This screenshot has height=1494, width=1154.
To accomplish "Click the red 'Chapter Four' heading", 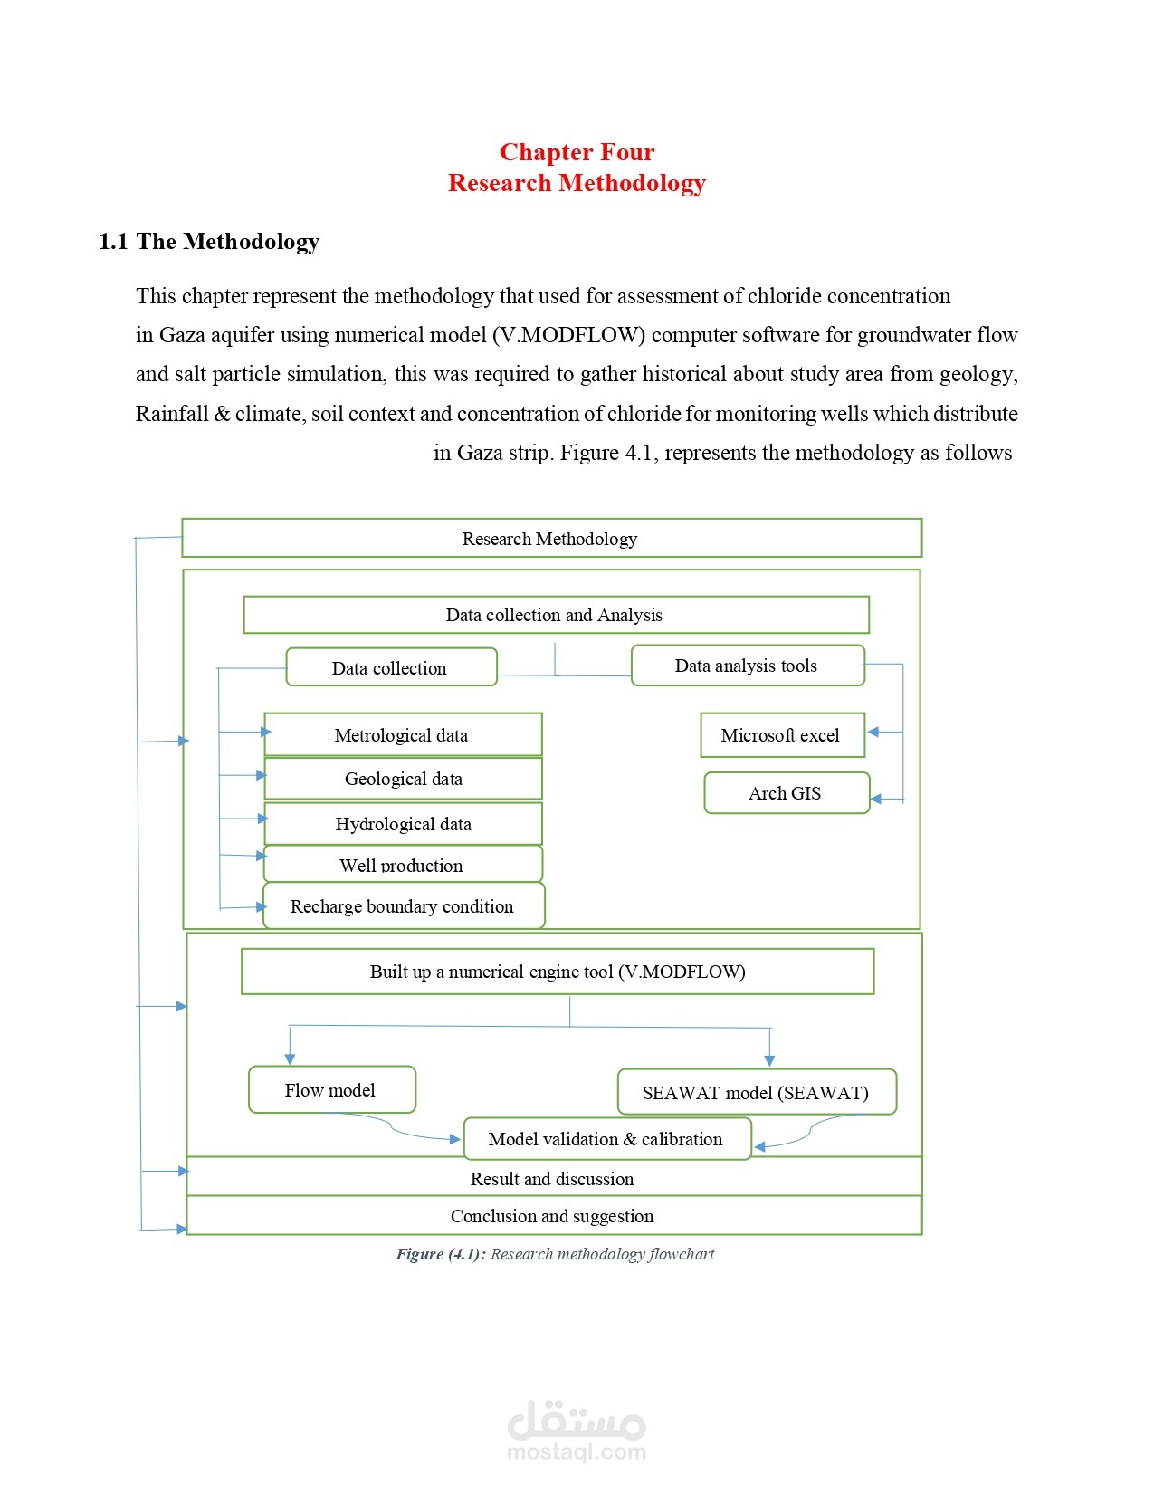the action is coord(577,152).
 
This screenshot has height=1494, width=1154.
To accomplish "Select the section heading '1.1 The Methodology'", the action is coord(209,242).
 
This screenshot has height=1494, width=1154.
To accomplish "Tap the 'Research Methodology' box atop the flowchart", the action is coord(551,538).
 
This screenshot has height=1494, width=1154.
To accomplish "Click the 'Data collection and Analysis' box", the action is coord(556,615).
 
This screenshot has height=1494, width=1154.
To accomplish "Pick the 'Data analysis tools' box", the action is coord(748,666).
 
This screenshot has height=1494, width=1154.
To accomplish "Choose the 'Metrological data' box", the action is coord(404,735).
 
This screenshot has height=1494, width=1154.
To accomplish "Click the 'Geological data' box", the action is coord(404,779).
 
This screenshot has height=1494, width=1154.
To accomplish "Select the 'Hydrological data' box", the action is coord(404,824).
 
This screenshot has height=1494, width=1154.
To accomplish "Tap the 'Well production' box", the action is coord(404,864).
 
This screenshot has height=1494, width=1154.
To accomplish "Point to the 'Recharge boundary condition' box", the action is coord(405,906).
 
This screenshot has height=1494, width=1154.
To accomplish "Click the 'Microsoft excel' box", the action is coord(782,735).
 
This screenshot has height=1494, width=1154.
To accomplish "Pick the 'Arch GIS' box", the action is coord(787,792).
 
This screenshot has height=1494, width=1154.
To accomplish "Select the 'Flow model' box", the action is coord(332,1090).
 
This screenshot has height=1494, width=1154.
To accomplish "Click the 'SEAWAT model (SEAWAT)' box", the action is coord(757,1092).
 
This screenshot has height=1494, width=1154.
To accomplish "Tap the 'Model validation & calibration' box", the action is coord(607,1138).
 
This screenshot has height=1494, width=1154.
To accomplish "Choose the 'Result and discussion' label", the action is coord(552,1178).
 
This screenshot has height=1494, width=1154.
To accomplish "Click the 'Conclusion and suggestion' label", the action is coord(552,1215).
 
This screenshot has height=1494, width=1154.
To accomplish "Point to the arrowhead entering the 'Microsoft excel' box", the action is coord(873,733).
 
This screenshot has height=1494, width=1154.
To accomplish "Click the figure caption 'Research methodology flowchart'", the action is coord(602,1254).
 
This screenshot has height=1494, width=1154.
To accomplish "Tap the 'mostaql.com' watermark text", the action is coord(577,1451).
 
